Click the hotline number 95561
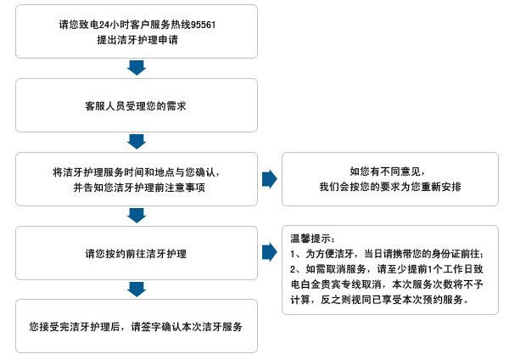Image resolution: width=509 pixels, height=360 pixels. [x=203, y=25]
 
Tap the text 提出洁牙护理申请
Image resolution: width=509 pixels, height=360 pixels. [x=137, y=40]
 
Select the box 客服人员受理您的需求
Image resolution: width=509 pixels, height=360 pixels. [x=137, y=105]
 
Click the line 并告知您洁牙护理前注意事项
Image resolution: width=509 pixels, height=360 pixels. [x=139, y=188]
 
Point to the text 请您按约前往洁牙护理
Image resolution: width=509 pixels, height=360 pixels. [x=136, y=254]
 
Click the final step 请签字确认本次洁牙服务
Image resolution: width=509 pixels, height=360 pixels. [x=187, y=327]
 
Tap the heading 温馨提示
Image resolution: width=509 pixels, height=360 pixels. [x=311, y=239]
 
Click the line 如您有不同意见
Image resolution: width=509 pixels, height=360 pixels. [x=387, y=172]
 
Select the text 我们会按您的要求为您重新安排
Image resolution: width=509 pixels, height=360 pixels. [x=390, y=187]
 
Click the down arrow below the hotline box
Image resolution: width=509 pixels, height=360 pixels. [x=137, y=68]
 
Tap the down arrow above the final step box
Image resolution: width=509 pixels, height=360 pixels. [x=137, y=290]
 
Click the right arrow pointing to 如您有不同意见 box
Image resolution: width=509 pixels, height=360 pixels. [x=270, y=179]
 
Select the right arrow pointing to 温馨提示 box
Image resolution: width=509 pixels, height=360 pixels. [x=270, y=252]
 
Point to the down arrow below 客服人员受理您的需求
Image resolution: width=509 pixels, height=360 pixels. [x=137, y=142]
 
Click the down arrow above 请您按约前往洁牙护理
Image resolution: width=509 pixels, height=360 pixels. [x=137, y=216]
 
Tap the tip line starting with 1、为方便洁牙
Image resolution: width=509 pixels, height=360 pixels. [x=387, y=254]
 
